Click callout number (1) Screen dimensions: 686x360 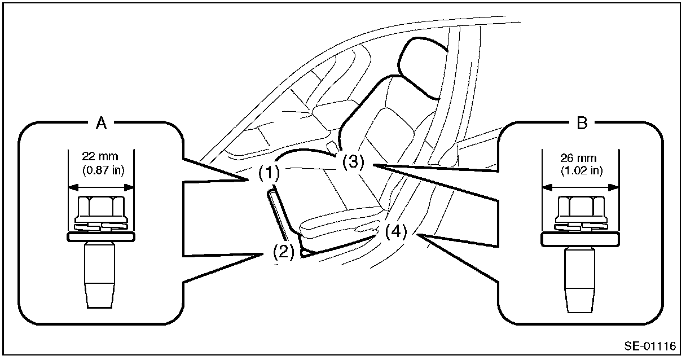(269, 173)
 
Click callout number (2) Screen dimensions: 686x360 (284, 251)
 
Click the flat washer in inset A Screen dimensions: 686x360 (101, 236)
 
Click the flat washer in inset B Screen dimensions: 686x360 (579, 239)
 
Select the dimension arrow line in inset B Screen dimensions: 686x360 (579, 187)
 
